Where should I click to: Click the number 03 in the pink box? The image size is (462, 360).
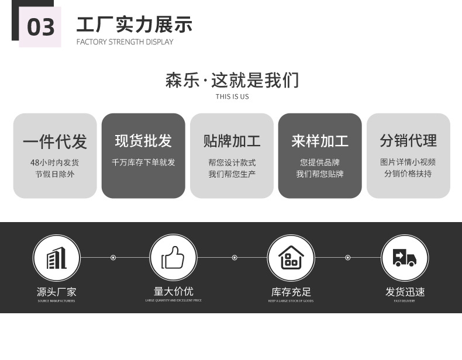pyautogui.click(x=40, y=27)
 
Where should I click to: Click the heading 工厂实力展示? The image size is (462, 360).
pyautogui.click(x=134, y=25)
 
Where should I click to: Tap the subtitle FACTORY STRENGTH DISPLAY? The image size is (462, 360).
pyautogui.click(x=125, y=42)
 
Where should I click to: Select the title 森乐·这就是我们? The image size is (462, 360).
pyautogui.click(x=232, y=80)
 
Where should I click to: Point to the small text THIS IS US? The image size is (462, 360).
pyautogui.click(x=232, y=96)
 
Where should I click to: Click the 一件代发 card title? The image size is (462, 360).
pyautogui.click(x=55, y=141)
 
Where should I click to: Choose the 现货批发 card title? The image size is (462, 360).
pyautogui.click(x=143, y=141)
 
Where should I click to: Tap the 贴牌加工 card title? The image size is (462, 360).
pyautogui.click(x=232, y=141)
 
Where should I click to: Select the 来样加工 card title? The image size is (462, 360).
pyautogui.click(x=320, y=141)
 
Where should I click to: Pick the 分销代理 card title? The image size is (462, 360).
pyautogui.click(x=408, y=141)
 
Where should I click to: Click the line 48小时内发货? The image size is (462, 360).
pyautogui.click(x=55, y=162)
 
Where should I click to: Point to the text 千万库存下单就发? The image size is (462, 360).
pyautogui.click(x=143, y=162)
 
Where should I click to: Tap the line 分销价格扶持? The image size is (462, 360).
pyautogui.click(x=408, y=174)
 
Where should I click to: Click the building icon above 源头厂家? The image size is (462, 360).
pyautogui.click(x=56, y=258)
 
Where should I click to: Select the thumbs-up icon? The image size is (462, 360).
pyautogui.click(x=173, y=258)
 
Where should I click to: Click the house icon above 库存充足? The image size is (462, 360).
pyautogui.click(x=291, y=258)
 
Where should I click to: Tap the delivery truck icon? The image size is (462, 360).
pyautogui.click(x=405, y=258)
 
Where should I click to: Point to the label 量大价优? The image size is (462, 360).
pyautogui.click(x=173, y=291)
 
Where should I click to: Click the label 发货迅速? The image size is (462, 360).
pyautogui.click(x=405, y=292)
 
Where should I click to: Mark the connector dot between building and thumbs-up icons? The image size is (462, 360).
pyautogui.click(x=113, y=258)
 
